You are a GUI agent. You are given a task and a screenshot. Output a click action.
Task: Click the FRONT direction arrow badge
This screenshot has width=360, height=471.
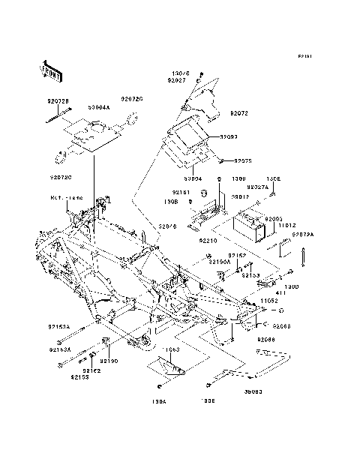[49, 69]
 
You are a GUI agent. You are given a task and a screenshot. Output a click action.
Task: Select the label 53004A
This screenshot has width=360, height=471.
[98, 107]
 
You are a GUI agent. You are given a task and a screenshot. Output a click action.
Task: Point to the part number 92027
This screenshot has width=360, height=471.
[177, 79]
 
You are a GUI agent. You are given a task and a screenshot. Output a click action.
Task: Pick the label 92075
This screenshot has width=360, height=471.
[242, 160]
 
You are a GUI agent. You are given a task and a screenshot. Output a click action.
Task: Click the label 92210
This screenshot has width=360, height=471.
[208, 241]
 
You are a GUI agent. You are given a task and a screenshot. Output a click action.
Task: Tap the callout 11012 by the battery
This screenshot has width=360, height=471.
[277, 224]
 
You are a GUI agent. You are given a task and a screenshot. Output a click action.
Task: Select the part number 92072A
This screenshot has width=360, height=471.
[303, 234]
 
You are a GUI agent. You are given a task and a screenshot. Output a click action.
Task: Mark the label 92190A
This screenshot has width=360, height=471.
[220, 262]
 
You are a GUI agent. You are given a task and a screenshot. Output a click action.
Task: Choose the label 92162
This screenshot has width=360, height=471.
[91, 370]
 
